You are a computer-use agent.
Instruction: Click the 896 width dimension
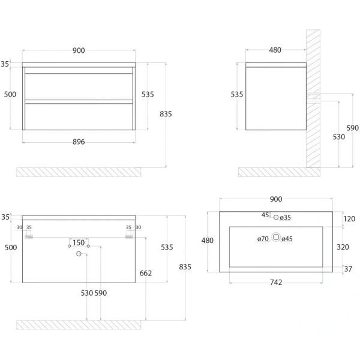pyautogui.click(x=79, y=142)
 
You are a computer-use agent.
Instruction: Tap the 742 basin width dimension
pyautogui.click(x=277, y=281)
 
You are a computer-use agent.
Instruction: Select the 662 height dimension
pyautogui.click(x=146, y=273)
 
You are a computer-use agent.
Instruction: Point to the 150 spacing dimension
pyautogui.click(x=78, y=242)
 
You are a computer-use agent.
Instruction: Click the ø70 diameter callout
pyautogui.click(x=262, y=239)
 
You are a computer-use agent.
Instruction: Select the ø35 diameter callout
pyautogui.click(x=286, y=217)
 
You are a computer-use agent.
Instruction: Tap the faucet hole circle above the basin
pyautogui.click(x=276, y=217)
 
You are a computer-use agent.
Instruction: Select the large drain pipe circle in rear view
pyautogui.click(x=79, y=254)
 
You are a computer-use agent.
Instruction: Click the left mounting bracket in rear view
pyautogui.click(x=28, y=236)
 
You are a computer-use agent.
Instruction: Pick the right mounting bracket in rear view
pyautogui.click(x=128, y=236)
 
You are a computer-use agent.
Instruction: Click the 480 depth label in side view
pyautogui.click(x=275, y=50)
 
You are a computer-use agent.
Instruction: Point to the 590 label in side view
pyautogui.click(x=353, y=128)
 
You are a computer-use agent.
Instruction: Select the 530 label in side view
pyautogui.click(x=339, y=137)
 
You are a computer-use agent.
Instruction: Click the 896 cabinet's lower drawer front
pyautogui.click(x=79, y=115)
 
